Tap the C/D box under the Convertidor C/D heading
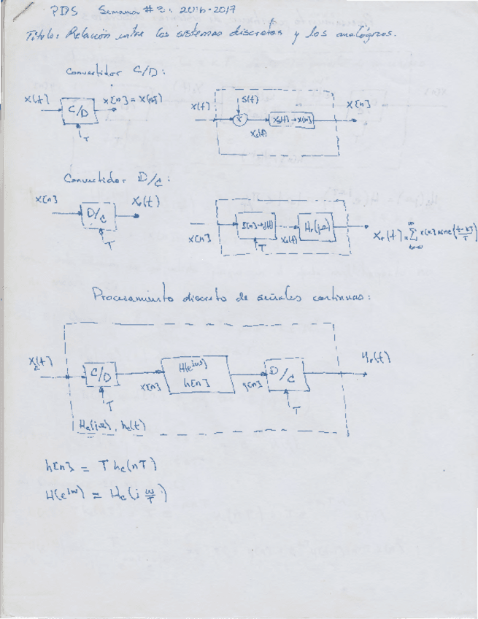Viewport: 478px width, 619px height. point(77,111)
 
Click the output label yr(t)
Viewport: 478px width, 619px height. point(377,358)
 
